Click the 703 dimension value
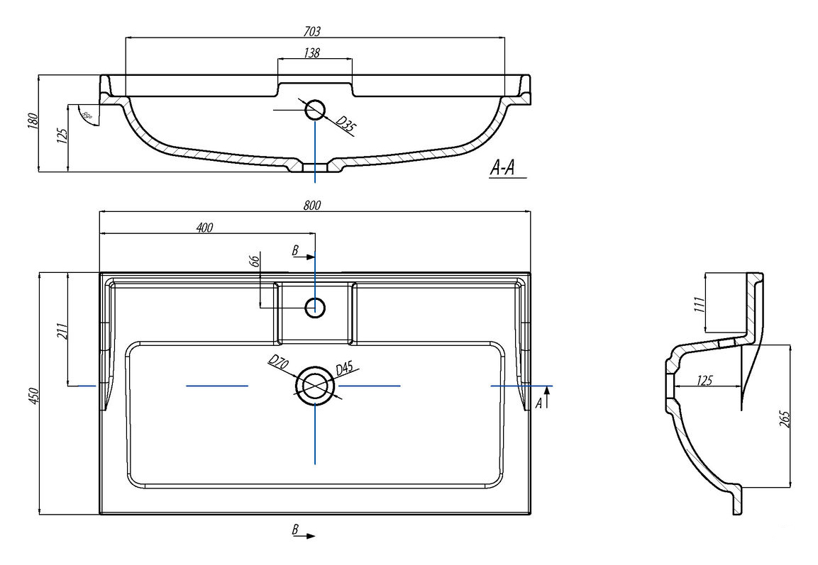313,31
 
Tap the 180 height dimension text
31,122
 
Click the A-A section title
502,168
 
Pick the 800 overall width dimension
313,206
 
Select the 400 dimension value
204,228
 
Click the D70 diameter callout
277,363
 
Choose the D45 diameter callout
344,368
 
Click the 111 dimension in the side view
699,304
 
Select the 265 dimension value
783,419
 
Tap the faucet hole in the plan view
315,308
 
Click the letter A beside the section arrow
538,403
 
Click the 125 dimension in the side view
704,381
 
